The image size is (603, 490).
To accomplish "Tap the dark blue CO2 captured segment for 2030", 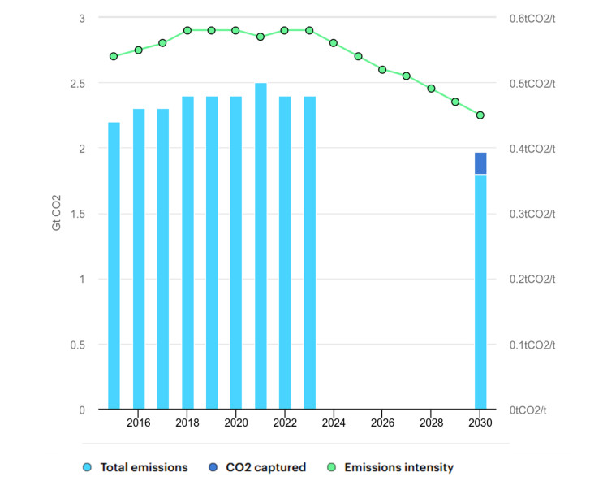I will [x=480, y=163].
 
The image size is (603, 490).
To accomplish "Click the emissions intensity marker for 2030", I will [x=480, y=115].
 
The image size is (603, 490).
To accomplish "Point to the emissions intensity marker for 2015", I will [x=114, y=56].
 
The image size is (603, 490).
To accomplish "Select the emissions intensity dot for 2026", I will [x=382, y=69].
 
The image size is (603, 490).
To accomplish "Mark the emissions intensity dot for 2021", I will [x=261, y=37].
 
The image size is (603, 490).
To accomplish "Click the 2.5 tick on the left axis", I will [x=76, y=83].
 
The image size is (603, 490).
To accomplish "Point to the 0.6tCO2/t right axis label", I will [x=532, y=18].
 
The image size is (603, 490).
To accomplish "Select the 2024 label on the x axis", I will [x=334, y=423].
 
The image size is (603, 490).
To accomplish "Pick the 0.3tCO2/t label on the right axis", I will [x=532, y=214].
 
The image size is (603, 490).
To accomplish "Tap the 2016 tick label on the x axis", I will [x=138, y=423].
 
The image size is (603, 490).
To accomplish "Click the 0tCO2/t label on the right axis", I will [x=528, y=410].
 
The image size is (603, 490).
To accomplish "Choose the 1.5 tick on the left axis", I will [x=76, y=214].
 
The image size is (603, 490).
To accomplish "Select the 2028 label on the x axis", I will [x=431, y=423].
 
